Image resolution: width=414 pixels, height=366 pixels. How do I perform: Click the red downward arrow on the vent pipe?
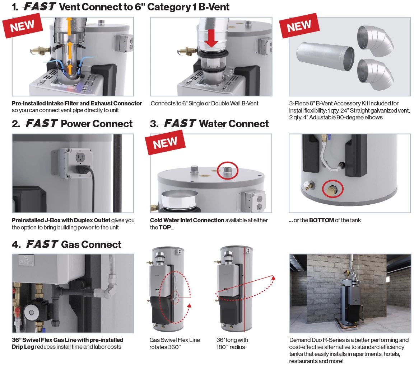pyautogui.click(x=211, y=38)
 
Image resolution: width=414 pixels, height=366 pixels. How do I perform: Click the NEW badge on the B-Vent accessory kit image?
pyautogui.click(x=299, y=25)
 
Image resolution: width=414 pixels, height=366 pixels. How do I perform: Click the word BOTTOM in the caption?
pyautogui.click(x=321, y=220)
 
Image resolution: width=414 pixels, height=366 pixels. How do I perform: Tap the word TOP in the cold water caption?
pyautogui.click(x=165, y=227)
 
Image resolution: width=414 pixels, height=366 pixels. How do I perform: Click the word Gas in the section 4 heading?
pyautogui.click(x=69, y=245)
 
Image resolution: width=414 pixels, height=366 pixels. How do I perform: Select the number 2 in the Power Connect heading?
pyautogui.click(x=15, y=124)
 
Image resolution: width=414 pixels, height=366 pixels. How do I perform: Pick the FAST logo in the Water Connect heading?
pyautogui.click(x=180, y=123)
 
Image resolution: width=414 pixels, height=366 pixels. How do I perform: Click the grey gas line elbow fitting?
pyautogui.click(x=108, y=290)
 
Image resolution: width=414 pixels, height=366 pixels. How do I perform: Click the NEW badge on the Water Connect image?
pyautogui.click(x=165, y=142)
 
